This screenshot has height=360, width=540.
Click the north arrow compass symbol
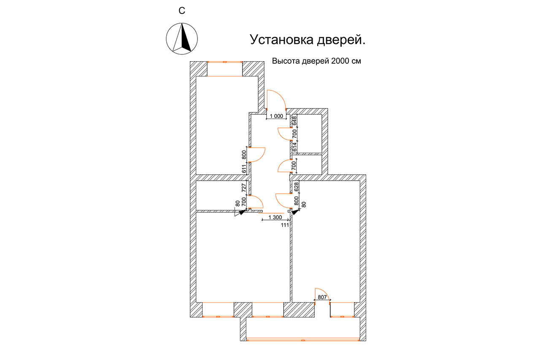point(182,38)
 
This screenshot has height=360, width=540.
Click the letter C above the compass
point(182,11)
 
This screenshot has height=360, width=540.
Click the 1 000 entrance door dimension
point(276,116)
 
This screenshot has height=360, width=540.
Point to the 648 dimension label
point(294,121)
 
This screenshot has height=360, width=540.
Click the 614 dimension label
point(294,147)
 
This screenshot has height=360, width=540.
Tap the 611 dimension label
point(244,169)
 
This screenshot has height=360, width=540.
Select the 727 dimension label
point(244,188)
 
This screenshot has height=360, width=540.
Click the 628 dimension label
point(296,187)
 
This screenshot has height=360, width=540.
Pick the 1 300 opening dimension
point(275,217)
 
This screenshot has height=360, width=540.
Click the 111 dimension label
point(285,225)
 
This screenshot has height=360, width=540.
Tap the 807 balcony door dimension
point(322,297)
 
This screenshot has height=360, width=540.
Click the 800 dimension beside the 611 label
point(244,155)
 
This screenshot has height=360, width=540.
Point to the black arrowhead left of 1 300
point(243,212)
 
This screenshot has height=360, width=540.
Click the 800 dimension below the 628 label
point(296,200)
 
